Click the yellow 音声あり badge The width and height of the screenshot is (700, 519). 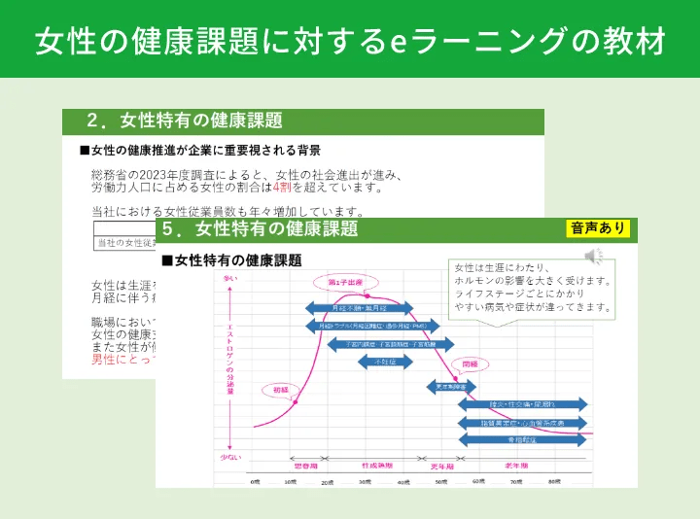click(598, 229)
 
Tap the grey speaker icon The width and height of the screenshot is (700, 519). click(593, 256)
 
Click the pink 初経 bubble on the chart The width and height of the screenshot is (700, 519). click(275, 390)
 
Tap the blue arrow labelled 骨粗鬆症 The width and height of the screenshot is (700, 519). click(522, 439)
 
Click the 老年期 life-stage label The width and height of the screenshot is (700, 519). click(516, 466)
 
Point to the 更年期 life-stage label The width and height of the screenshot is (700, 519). click(444, 466)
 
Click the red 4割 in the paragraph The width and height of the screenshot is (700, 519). click(282, 187)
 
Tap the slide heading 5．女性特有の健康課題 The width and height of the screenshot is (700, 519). click(261, 229)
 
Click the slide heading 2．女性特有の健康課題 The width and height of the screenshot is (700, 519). click(185, 121)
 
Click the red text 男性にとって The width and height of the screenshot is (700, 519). click(122, 360)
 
